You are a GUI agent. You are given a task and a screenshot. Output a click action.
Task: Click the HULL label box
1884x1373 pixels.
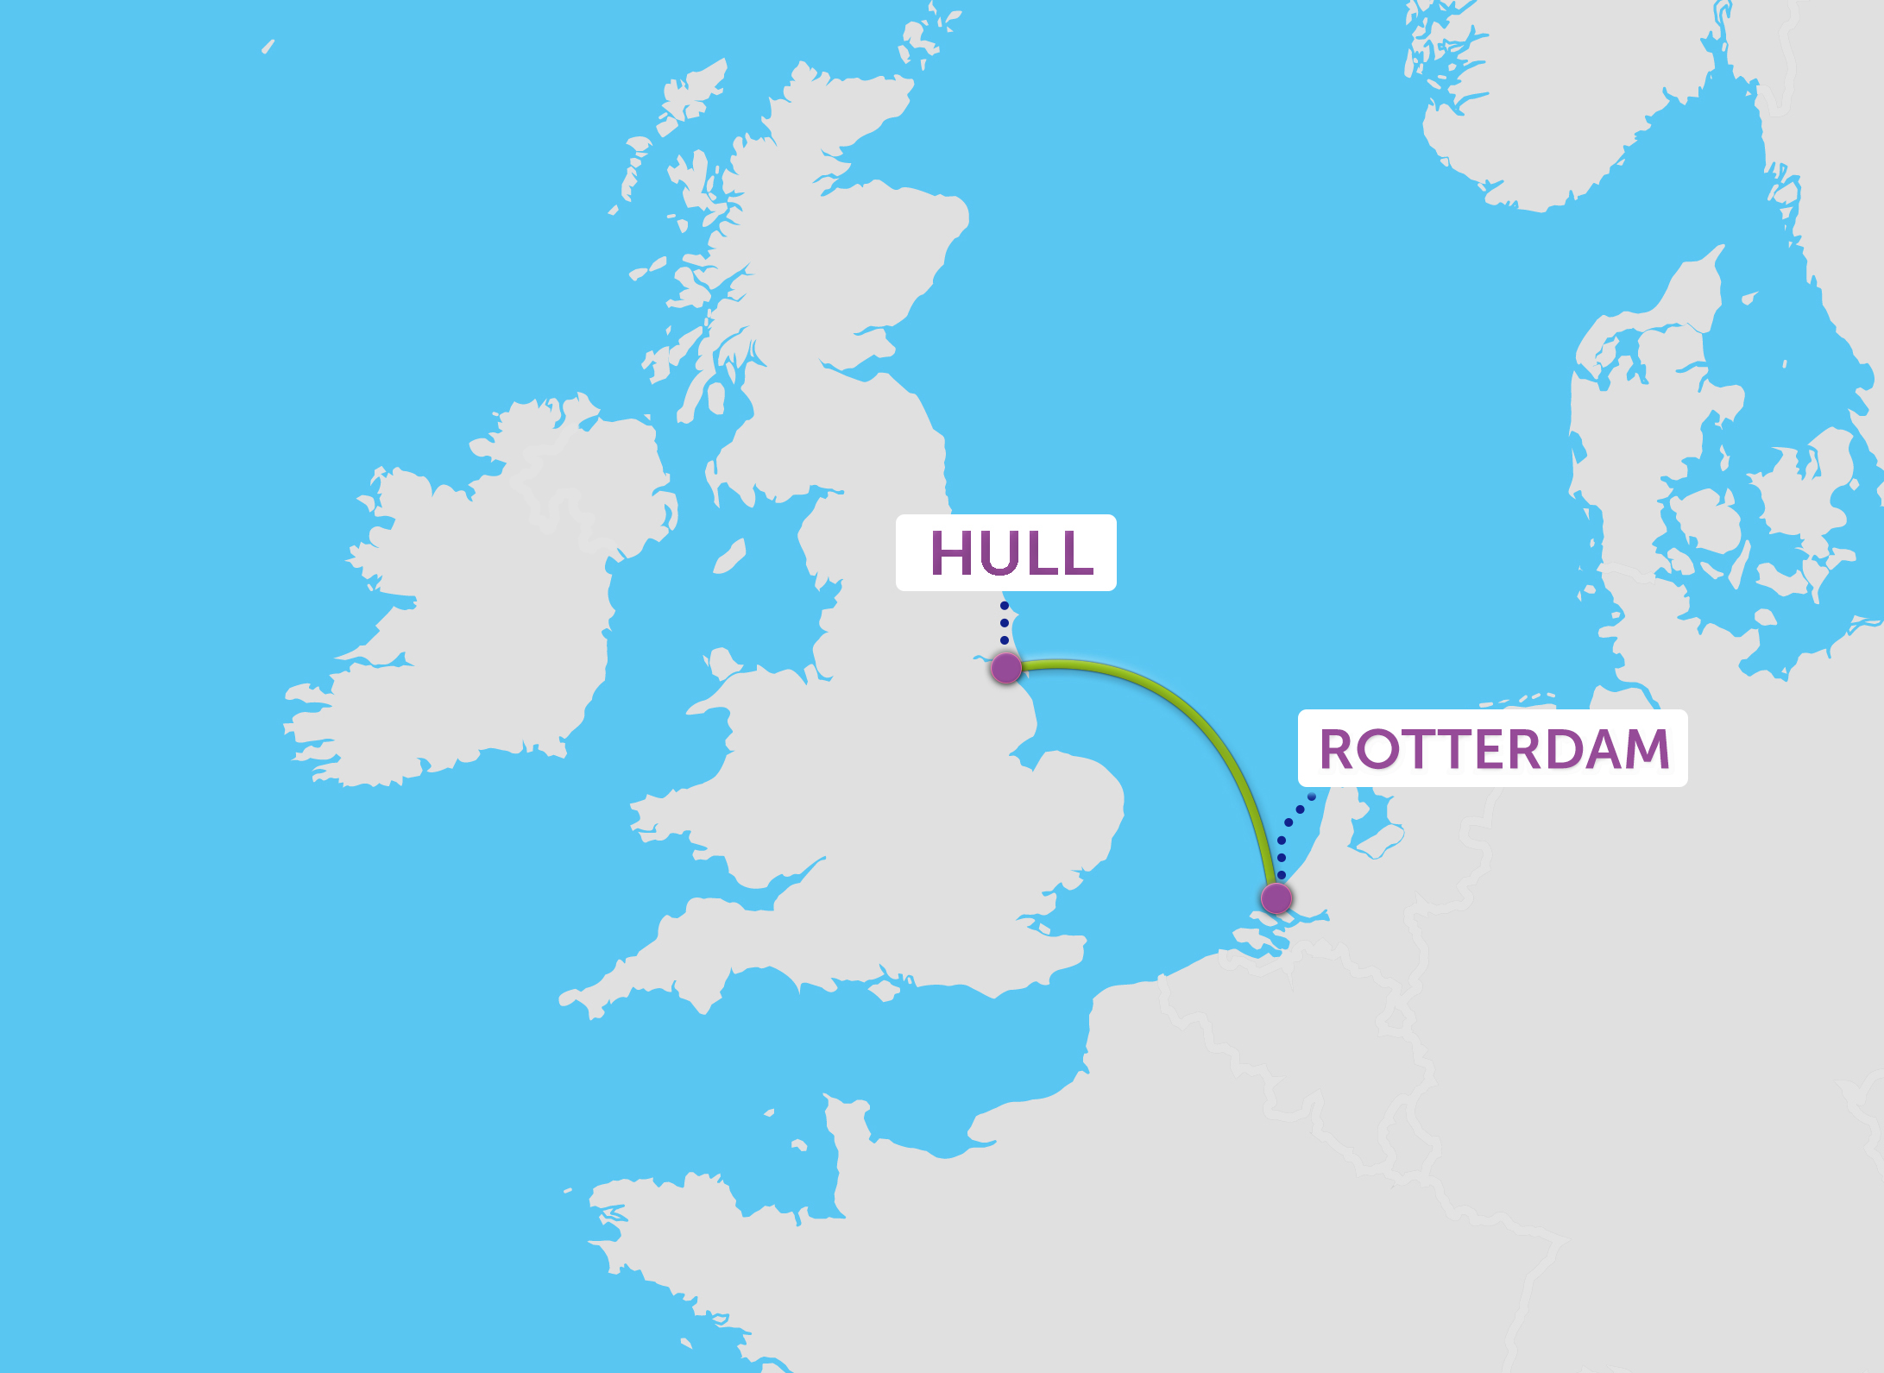1005,552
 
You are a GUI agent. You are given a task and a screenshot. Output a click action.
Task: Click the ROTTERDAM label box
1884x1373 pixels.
1492,748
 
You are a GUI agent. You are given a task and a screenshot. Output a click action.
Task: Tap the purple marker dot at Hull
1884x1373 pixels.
1006,668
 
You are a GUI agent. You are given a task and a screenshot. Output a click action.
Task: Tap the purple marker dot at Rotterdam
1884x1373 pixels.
1276,898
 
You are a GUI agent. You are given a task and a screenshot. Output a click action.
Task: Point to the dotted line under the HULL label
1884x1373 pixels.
1005,623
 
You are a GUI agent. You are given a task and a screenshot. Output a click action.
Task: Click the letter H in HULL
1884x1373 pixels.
950,552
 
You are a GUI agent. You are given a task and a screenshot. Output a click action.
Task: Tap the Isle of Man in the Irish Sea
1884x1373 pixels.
730,557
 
